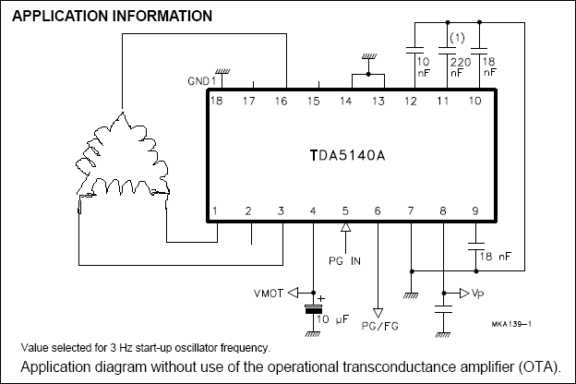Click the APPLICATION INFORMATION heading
tap(113, 17)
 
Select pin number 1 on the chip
tap(216, 212)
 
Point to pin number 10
tap(475, 100)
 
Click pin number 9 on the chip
tap(474, 212)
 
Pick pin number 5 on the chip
tap(345, 212)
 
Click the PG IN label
tap(345, 260)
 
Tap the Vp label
tap(476, 294)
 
